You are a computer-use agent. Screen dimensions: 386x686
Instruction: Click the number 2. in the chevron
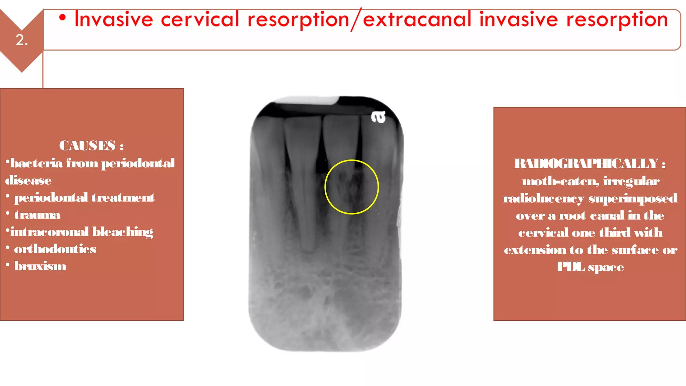22,40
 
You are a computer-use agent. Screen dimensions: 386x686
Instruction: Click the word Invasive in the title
114,19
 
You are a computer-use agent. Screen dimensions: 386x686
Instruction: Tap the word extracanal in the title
417,19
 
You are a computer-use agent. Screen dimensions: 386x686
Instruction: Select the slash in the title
356,20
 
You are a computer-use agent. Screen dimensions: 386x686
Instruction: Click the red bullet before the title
62,17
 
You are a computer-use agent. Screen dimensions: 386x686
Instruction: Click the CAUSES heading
88,146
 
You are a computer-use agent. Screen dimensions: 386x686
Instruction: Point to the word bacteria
37,163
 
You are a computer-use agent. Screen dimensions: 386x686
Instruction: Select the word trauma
37,215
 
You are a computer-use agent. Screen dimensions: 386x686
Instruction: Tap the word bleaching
123,232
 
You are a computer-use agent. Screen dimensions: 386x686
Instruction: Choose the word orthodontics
55,249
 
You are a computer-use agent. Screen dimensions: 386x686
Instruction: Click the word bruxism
40,266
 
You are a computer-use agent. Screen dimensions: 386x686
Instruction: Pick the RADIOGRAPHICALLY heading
587,164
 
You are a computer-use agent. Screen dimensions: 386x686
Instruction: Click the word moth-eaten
560,181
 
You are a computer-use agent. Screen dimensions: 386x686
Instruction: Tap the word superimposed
633,199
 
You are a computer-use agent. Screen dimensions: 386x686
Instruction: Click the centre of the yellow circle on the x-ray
352,187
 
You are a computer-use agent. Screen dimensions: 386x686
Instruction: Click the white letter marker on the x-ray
379,117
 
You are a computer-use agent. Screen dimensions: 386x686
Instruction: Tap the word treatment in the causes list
123,198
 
